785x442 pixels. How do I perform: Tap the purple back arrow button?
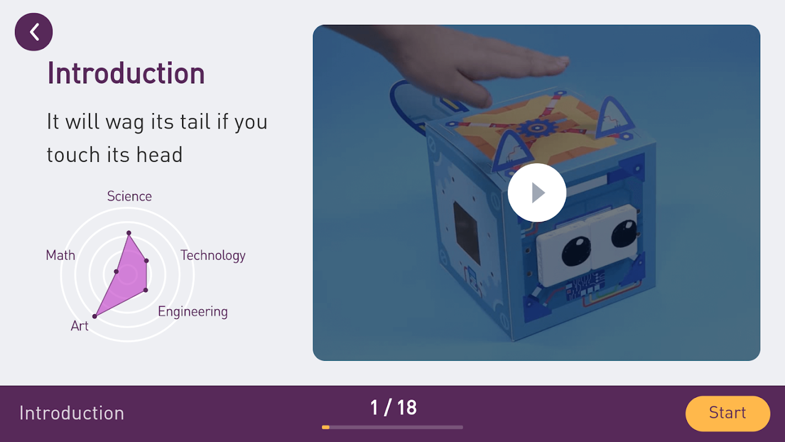coord(34,32)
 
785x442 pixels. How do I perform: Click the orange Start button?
coord(728,413)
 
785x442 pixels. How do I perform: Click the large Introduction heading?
coord(126,73)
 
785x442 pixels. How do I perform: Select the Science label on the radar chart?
coord(129,196)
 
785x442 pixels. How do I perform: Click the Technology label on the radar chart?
coord(213,255)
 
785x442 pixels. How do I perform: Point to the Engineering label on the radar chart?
coord(193,312)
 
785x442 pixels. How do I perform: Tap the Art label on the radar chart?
coord(79,326)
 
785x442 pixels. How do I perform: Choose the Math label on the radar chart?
coord(61,255)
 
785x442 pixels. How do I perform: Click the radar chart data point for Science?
coord(129,233)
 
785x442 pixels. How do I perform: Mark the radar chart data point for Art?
coord(94,316)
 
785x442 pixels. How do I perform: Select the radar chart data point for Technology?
coord(146,261)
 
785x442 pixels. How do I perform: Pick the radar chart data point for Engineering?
coord(146,290)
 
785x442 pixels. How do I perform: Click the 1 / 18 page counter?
coord(394,408)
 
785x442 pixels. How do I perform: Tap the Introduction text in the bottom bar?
coord(72,413)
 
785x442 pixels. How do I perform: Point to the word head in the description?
coord(160,155)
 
